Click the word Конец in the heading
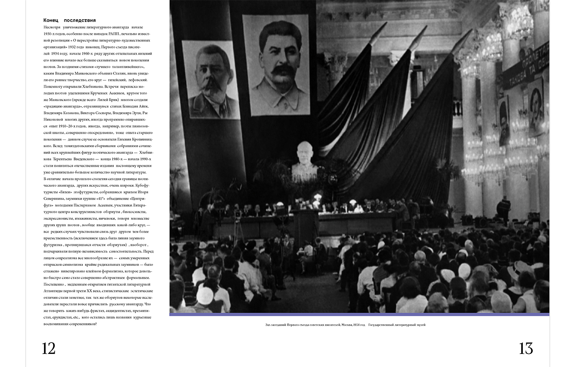click(51, 20)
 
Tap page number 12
click(49, 349)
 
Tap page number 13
click(526, 349)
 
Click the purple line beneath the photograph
click(359, 314)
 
